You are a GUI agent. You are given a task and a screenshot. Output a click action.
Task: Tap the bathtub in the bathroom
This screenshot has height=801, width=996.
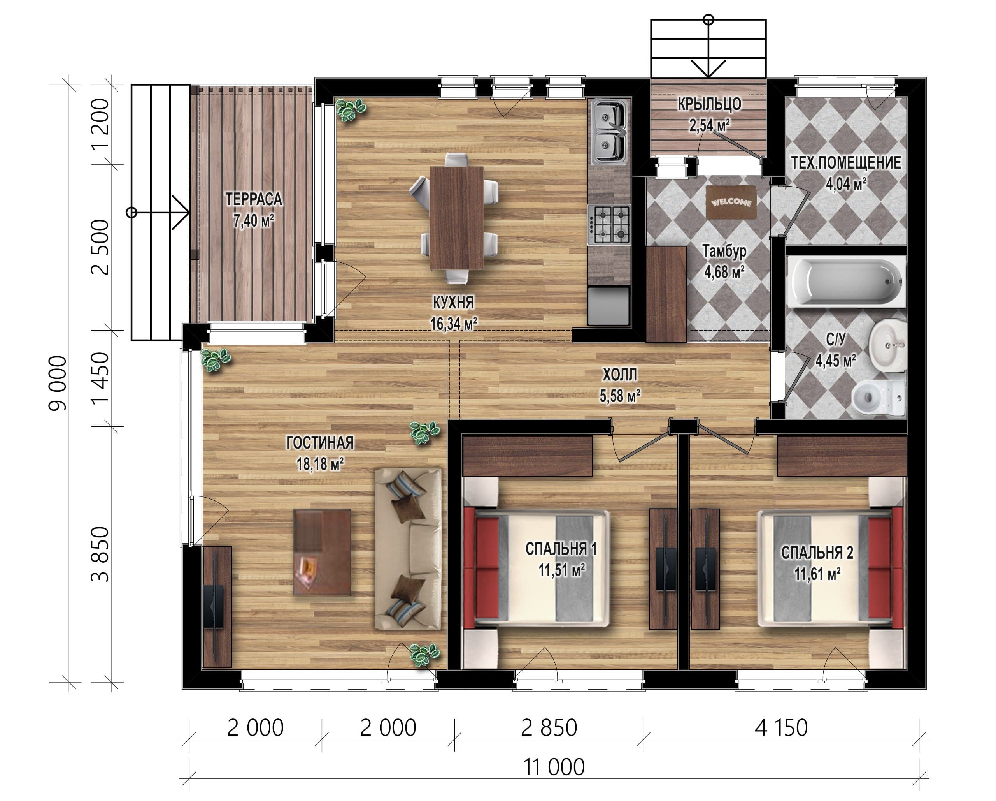coord(846,282)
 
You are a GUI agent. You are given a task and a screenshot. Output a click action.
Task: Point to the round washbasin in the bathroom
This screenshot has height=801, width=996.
coord(887,345)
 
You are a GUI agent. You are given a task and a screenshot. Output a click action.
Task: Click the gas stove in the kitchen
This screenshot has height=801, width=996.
coord(609,225)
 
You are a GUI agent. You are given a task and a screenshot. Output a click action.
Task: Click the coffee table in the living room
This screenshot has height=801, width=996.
coord(322,552)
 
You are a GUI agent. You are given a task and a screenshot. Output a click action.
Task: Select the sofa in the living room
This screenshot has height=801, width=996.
coord(408,549)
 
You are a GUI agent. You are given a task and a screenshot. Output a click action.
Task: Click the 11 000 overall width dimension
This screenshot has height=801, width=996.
coord(553,767)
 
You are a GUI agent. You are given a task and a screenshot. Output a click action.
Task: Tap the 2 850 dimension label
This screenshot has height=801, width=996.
coord(549,727)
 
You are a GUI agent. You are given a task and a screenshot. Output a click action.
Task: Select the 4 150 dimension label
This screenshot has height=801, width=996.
coord(781,727)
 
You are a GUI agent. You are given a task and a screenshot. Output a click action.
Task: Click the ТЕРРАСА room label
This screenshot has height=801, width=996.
coord(254,199)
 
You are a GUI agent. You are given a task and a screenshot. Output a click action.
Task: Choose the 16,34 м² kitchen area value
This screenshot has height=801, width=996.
coord(454,324)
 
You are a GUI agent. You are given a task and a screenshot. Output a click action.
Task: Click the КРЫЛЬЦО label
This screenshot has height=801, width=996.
coord(710,104)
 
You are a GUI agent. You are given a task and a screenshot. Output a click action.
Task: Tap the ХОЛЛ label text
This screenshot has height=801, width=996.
coord(619,374)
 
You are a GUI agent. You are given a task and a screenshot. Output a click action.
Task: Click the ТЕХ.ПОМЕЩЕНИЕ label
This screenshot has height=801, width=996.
coord(846,163)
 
